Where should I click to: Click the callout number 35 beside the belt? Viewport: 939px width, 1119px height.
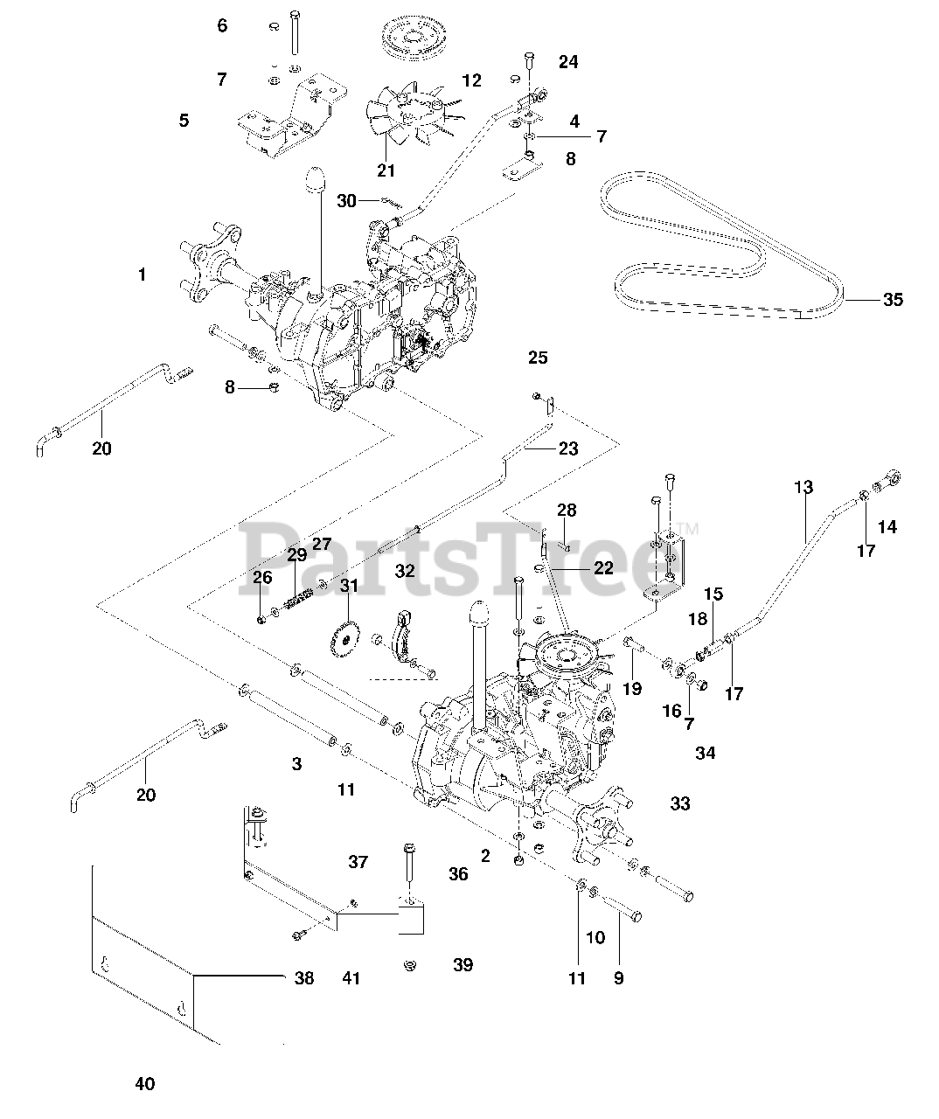pos(893,300)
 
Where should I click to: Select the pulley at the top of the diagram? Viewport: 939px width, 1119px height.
pos(412,38)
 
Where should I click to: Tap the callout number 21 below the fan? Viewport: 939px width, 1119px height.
pos(386,170)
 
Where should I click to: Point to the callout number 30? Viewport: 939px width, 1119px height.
pos(347,201)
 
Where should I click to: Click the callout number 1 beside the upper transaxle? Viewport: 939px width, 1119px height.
pos(142,275)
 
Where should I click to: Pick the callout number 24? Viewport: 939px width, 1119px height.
pos(568,62)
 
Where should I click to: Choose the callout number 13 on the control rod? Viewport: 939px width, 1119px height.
pos(803,487)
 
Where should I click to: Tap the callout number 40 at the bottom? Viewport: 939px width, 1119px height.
pos(145,1084)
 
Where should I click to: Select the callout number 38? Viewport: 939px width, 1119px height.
pos(304,978)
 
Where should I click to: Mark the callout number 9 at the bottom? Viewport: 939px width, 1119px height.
pos(618,978)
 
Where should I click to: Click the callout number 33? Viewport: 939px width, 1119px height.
pos(680,803)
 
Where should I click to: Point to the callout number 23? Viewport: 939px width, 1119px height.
pos(568,448)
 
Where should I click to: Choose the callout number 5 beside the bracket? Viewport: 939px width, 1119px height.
pos(184,120)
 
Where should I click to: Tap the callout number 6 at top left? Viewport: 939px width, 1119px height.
pos(222,25)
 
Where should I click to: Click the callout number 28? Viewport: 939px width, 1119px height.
pos(567,510)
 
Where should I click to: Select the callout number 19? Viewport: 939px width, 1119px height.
pos(632,689)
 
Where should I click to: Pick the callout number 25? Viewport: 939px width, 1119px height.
pos(538,358)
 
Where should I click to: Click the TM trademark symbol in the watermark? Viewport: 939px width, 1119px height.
pos(691,529)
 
